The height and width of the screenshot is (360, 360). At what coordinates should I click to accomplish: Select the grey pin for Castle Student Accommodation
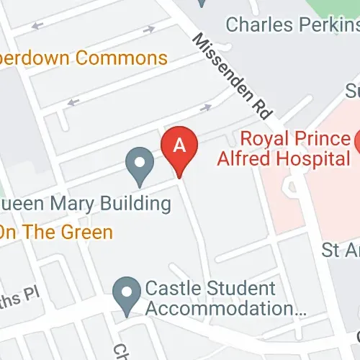point(127,294)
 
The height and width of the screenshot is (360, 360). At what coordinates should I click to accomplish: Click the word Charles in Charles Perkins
point(253,24)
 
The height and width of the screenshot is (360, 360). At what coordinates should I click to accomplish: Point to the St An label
point(341,251)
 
